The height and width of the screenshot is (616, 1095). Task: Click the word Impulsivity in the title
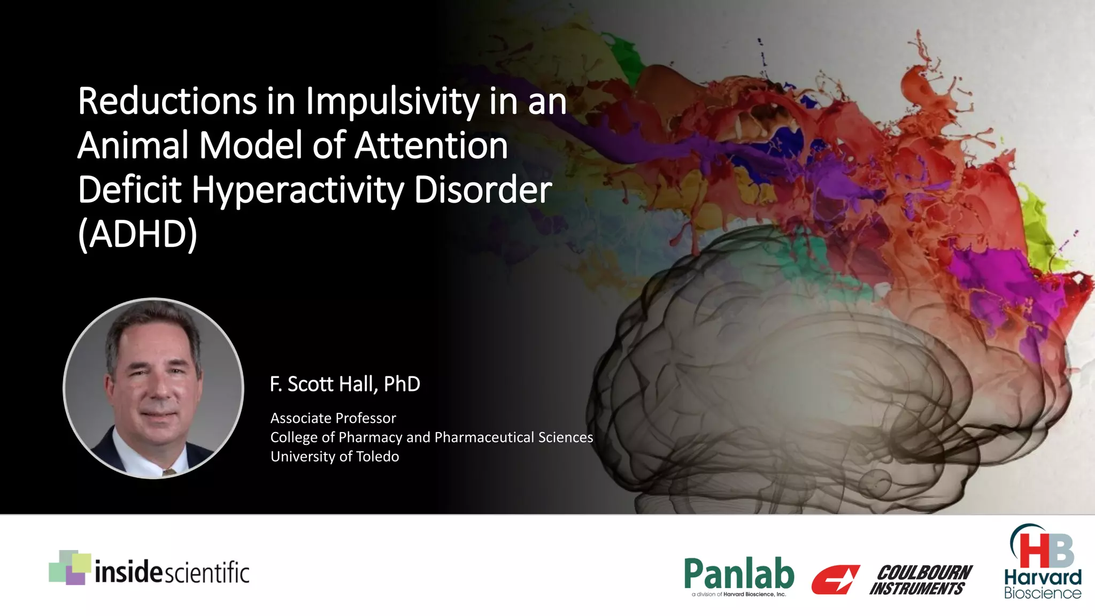392,102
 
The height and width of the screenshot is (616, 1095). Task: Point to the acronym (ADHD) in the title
137,234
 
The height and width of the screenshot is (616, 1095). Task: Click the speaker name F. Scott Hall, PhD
345,384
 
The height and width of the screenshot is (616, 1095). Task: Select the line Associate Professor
333,418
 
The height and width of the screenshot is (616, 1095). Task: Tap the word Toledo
377,457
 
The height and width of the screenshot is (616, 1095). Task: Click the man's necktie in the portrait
169,472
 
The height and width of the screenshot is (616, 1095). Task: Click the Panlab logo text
739,573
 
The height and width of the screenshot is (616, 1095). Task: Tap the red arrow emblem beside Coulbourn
835,580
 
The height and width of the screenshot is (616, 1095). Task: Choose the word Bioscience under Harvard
1043,593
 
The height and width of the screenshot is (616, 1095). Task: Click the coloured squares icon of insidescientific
70,567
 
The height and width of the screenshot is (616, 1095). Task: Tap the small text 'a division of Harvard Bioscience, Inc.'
739,594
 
